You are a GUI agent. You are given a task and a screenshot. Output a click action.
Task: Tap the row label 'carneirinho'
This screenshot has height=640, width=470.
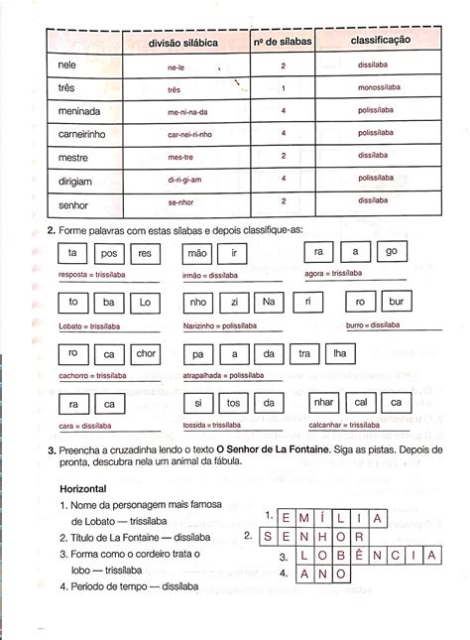point(81,133)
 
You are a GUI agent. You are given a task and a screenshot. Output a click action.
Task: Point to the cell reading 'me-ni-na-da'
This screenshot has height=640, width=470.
point(185,112)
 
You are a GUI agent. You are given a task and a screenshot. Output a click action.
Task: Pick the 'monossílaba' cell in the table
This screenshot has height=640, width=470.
point(380,89)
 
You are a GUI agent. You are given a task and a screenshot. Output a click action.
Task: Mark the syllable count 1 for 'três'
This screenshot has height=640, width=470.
point(284,88)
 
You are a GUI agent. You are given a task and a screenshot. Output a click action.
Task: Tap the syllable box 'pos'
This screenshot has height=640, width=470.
point(110,253)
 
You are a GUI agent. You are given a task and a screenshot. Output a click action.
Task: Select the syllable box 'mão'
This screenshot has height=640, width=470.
point(197,253)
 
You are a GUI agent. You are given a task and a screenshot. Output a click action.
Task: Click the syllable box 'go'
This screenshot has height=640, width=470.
point(391,252)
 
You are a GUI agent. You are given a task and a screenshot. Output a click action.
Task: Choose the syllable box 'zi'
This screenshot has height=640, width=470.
point(233,302)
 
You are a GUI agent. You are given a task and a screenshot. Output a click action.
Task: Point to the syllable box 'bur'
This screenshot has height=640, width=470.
point(395,302)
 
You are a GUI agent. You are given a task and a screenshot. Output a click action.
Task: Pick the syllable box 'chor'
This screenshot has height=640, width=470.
point(146,353)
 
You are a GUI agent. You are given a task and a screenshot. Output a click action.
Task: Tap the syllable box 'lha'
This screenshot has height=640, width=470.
point(339,353)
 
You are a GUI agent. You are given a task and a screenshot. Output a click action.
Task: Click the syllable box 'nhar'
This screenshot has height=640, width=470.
point(323,404)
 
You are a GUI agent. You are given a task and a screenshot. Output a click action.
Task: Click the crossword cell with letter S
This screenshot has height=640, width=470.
point(270,537)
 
